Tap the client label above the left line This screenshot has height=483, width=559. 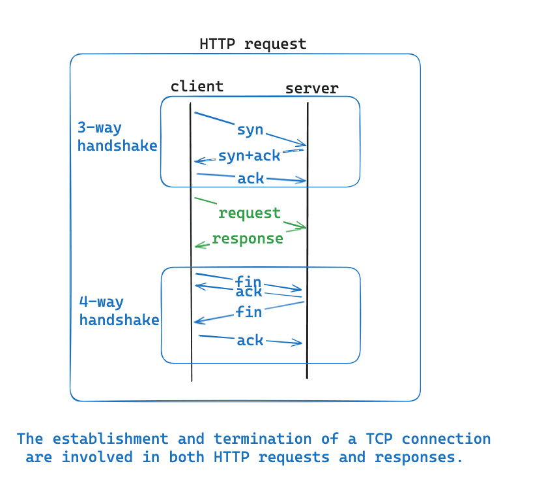coord(197,86)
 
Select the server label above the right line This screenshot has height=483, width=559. coord(312,88)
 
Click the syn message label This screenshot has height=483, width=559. coord(250,129)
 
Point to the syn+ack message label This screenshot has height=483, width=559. coord(249,155)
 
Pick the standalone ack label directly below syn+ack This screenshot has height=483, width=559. coord(251,178)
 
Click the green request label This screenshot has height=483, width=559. coord(250,213)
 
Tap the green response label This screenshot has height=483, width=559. coord(248,238)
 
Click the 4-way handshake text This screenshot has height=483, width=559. coord(119,311)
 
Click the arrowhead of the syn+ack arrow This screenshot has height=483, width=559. coord(197,161)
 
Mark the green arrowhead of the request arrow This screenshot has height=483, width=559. coord(304,227)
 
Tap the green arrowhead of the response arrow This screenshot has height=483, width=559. coord(198,245)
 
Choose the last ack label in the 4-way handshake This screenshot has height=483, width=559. coord(250,340)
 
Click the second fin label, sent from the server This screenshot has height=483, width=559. coord(249,312)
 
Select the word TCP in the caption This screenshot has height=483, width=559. coord(401,439)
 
